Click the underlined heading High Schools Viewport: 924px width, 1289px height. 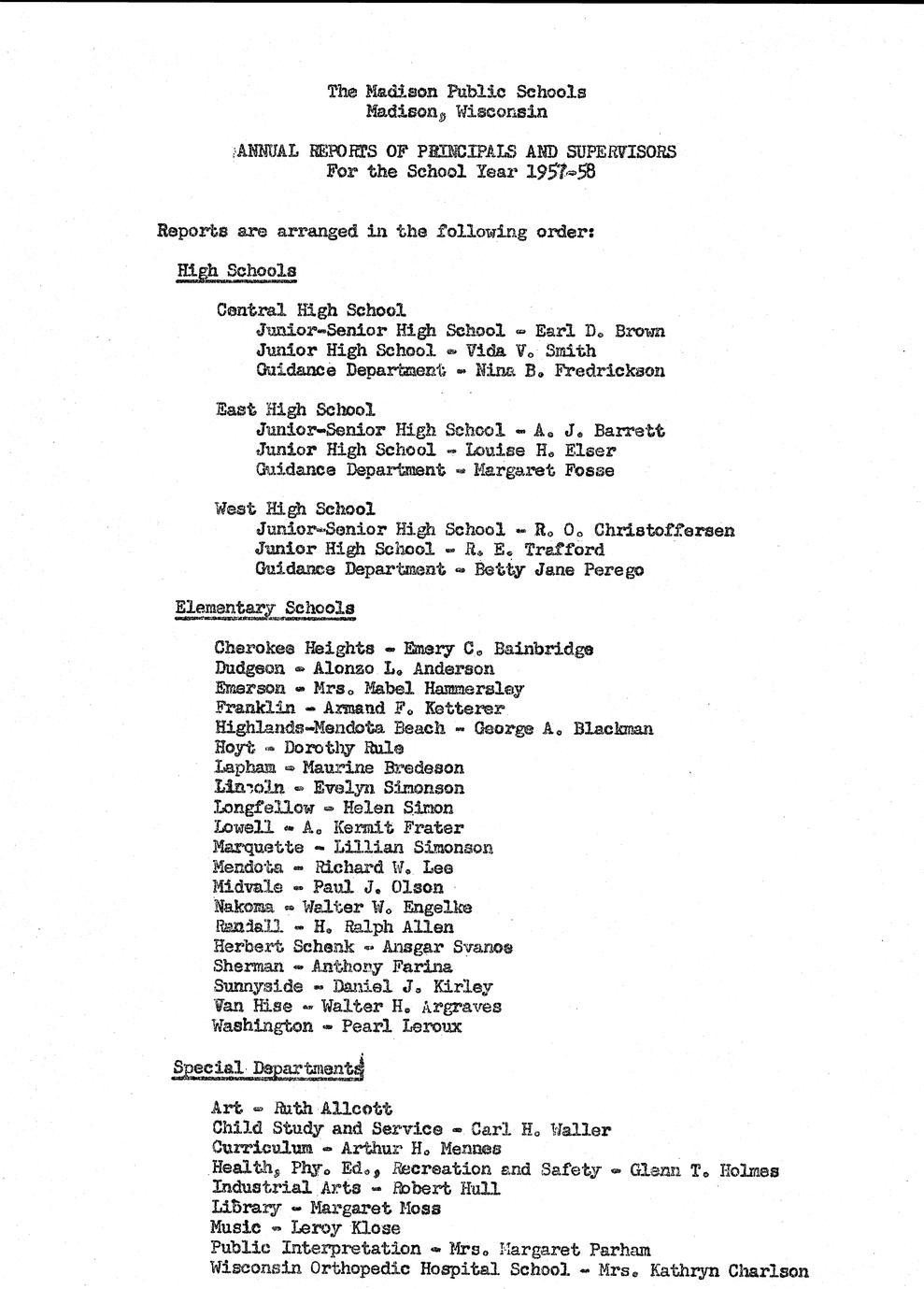pyautogui.click(x=236, y=271)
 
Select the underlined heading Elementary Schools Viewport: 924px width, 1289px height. pyautogui.click(x=264, y=609)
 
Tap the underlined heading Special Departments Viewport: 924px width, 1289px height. pyautogui.click(x=267, y=1067)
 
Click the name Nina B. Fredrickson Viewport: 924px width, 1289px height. pyautogui.click(x=570, y=371)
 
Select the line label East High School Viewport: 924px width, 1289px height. pyautogui.click(x=295, y=409)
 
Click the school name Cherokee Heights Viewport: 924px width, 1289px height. pyautogui.click(x=293, y=648)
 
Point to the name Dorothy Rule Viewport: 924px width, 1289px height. pyautogui.click(x=344, y=748)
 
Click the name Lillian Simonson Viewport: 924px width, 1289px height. pyautogui.click(x=413, y=848)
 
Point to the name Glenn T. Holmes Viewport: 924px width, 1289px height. pyautogui.click(x=704, y=1169)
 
